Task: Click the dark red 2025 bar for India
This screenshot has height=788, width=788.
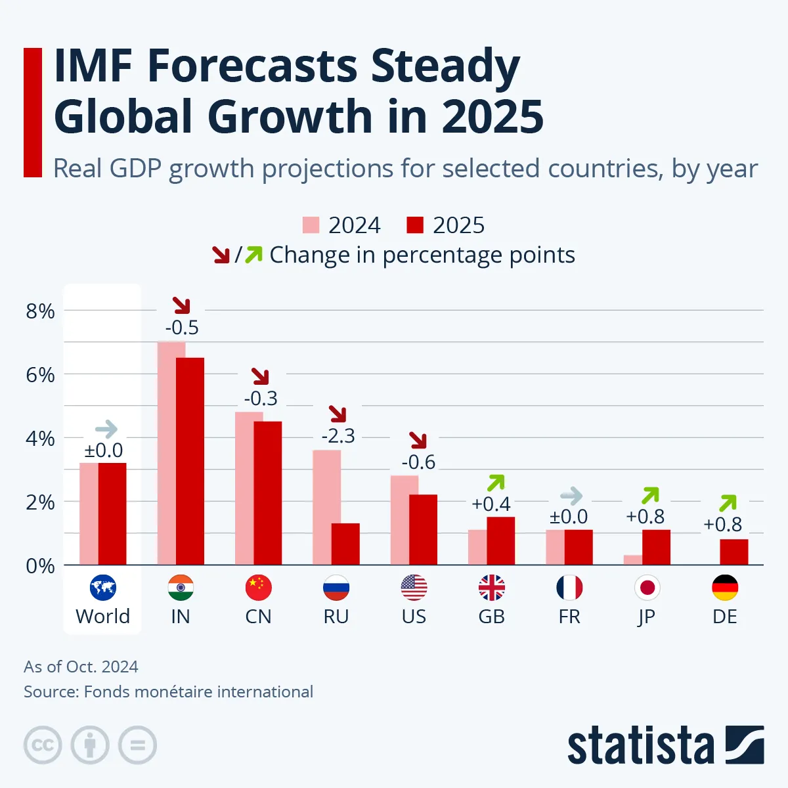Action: [x=190, y=461]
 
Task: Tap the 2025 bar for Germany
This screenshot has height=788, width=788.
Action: [x=733, y=552]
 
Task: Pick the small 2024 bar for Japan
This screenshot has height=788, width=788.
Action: [x=633, y=559]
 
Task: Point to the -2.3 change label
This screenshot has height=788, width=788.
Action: [x=338, y=436]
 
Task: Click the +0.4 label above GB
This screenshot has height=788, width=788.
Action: [x=491, y=504]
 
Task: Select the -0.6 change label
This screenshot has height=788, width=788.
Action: [x=418, y=462]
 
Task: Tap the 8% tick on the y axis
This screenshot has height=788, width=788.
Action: [x=40, y=311]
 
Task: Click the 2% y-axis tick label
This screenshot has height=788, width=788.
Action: [x=40, y=502]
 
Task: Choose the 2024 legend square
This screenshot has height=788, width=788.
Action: [x=311, y=225]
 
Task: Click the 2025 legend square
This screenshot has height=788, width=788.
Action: [x=415, y=225]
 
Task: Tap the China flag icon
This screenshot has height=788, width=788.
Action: [x=258, y=588]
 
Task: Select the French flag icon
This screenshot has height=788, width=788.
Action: [x=569, y=588]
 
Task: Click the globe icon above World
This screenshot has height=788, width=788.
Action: [x=103, y=588]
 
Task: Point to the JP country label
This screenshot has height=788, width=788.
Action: [x=646, y=617]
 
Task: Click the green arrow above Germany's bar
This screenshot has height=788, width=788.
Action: [x=728, y=503]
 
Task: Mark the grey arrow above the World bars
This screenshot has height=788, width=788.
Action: [x=106, y=430]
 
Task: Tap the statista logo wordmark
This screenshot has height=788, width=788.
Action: [x=640, y=745]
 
